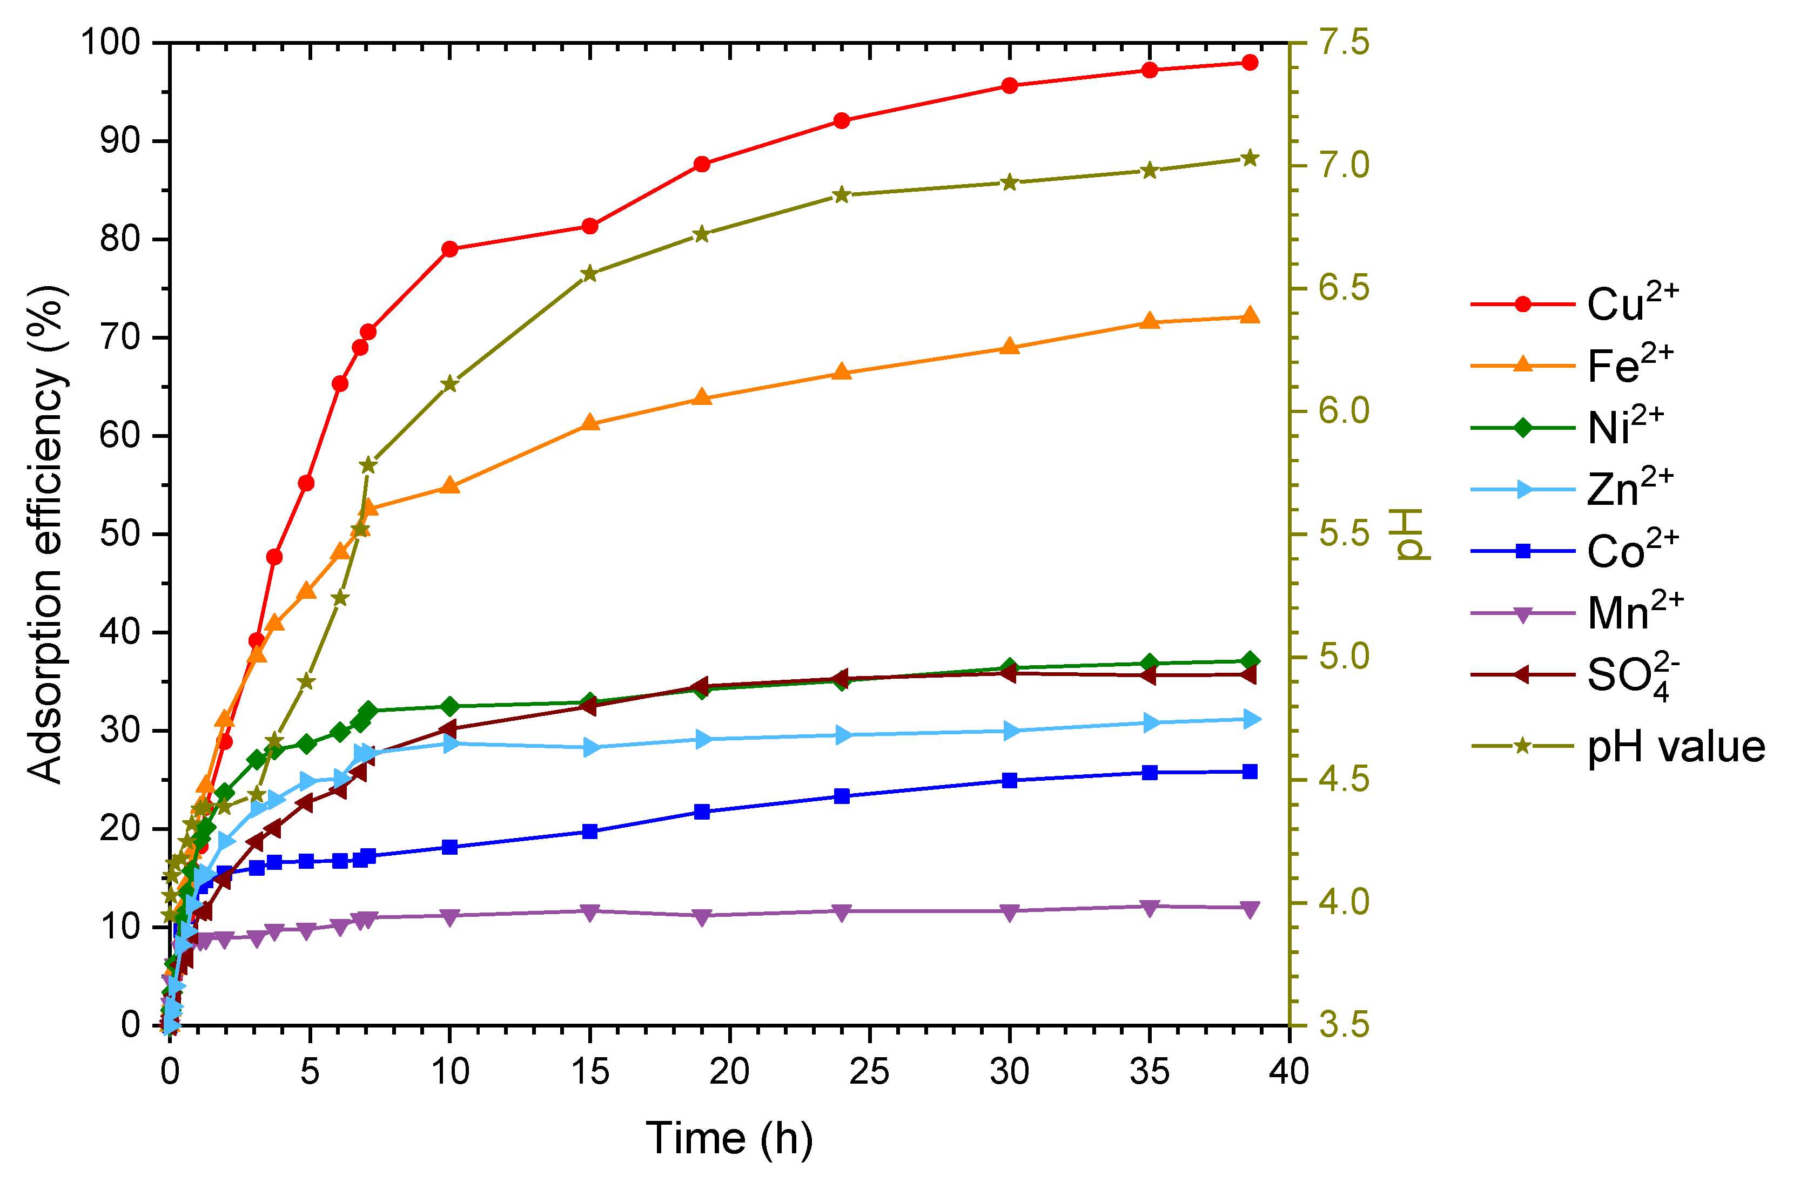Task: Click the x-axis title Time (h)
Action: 728,1138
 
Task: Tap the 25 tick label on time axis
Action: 869,1072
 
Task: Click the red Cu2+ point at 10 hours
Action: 450,249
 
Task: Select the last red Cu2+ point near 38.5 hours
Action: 1250,63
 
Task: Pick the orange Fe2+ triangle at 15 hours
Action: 590,423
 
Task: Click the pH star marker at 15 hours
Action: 590,274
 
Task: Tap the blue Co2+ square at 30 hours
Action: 1009,780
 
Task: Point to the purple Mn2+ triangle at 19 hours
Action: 702,916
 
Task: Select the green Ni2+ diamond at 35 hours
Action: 1150,664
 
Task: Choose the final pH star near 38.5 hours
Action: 1250,159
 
